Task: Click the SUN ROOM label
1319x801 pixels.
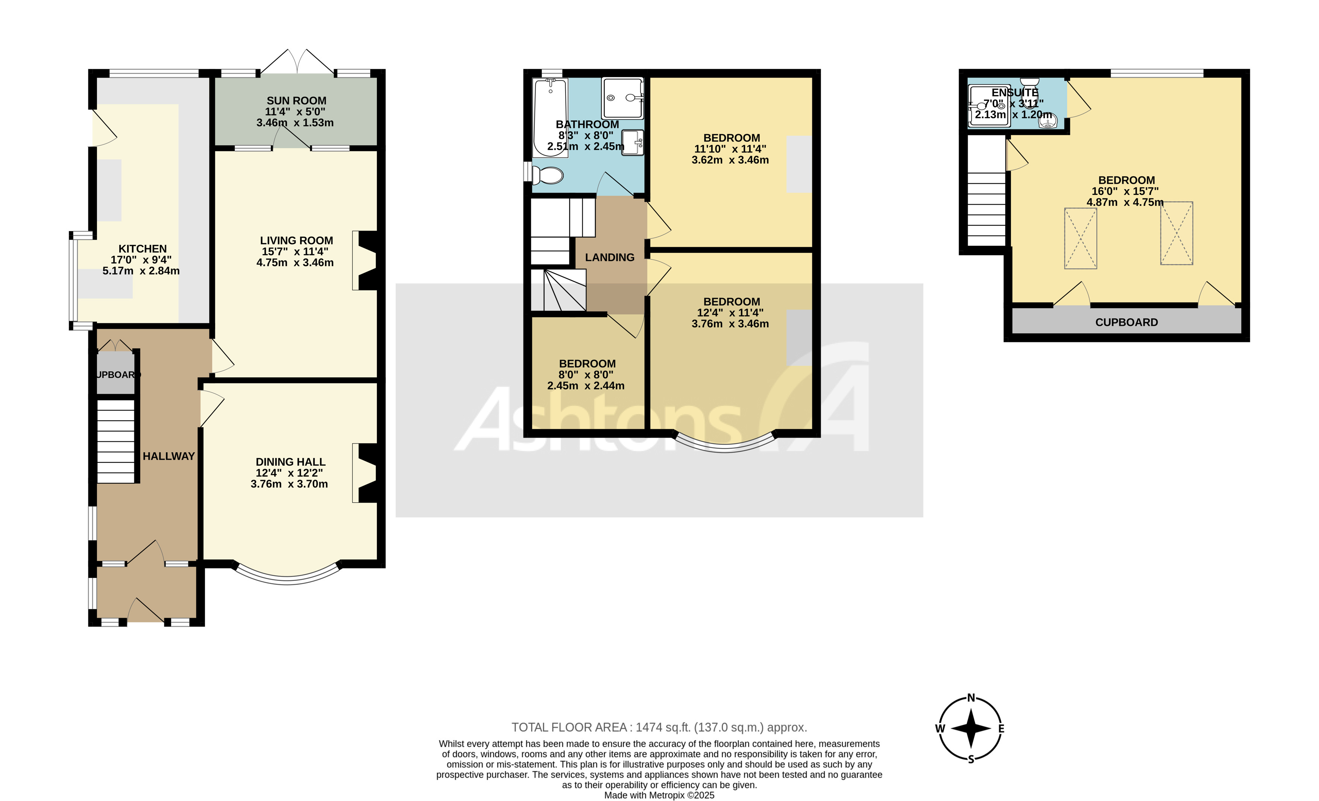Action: pos(296,101)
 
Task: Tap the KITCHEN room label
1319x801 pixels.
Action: pos(143,249)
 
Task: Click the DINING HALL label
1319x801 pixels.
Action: pos(290,462)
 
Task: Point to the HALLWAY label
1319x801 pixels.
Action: pos(168,456)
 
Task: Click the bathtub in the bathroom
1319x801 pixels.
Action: pos(550,118)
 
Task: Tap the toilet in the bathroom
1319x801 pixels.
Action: pos(548,175)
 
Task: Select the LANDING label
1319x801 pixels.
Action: pos(609,258)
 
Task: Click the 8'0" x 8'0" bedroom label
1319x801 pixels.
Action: pos(587,363)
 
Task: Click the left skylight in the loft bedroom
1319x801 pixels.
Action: pos(1080,238)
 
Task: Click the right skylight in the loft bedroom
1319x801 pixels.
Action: pos(1176,233)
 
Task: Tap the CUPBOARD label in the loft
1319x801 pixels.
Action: pos(1126,322)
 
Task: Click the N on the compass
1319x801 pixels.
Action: pos(971,698)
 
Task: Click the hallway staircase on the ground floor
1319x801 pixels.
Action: pos(115,442)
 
